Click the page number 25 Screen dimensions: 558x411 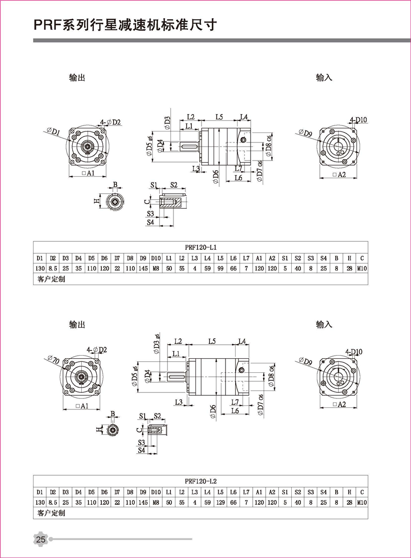[41, 539]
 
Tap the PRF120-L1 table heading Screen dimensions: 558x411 [200, 247]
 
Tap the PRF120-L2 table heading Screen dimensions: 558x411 [200, 480]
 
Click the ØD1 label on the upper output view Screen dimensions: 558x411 [53, 132]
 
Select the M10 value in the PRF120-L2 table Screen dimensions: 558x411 [362, 502]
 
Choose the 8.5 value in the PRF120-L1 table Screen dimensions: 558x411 [53, 269]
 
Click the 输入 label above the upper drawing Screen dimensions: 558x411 [324, 78]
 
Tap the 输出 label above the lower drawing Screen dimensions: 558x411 [77, 325]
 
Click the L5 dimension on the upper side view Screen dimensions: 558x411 [219, 117]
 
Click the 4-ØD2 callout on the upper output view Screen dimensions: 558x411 [110, 122]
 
